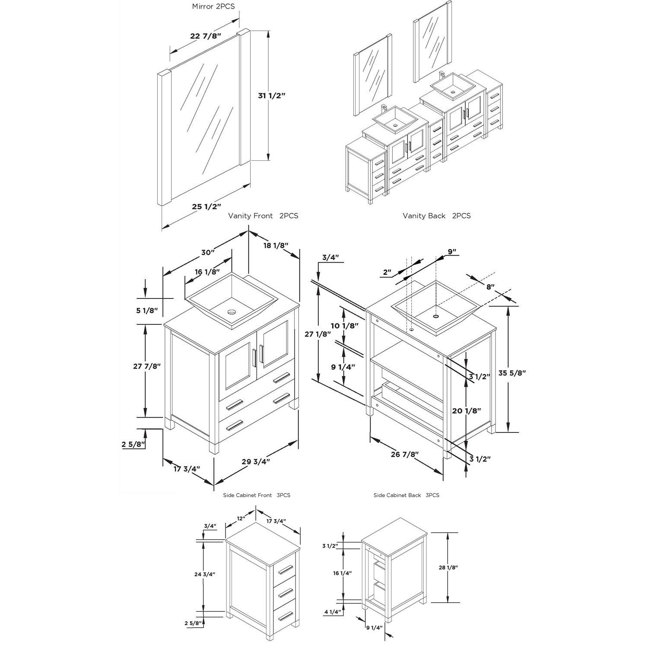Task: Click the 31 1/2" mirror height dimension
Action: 272,95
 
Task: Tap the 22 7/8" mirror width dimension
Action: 206,36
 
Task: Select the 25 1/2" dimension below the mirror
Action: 206,206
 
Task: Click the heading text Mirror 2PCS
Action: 213,6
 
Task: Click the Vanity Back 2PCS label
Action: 436,216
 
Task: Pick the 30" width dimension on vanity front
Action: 207,252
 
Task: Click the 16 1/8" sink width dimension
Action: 207,272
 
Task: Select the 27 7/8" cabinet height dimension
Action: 147,366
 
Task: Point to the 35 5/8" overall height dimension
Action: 512,372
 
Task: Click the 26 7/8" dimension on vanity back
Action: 405,454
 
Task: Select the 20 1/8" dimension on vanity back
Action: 467,411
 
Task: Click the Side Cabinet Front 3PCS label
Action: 257,495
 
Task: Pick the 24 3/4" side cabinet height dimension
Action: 204,574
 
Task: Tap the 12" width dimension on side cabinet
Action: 241,518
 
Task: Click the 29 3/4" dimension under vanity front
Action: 256,461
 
